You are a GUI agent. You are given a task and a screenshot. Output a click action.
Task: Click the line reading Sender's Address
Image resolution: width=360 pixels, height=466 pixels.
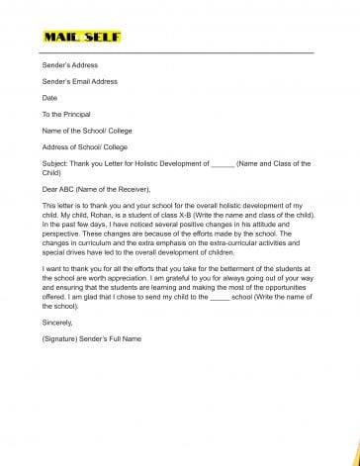70,64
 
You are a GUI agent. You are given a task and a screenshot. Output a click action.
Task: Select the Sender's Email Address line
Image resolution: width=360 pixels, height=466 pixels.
80,81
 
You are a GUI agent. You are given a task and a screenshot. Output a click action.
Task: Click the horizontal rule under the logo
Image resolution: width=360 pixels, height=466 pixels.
179,52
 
